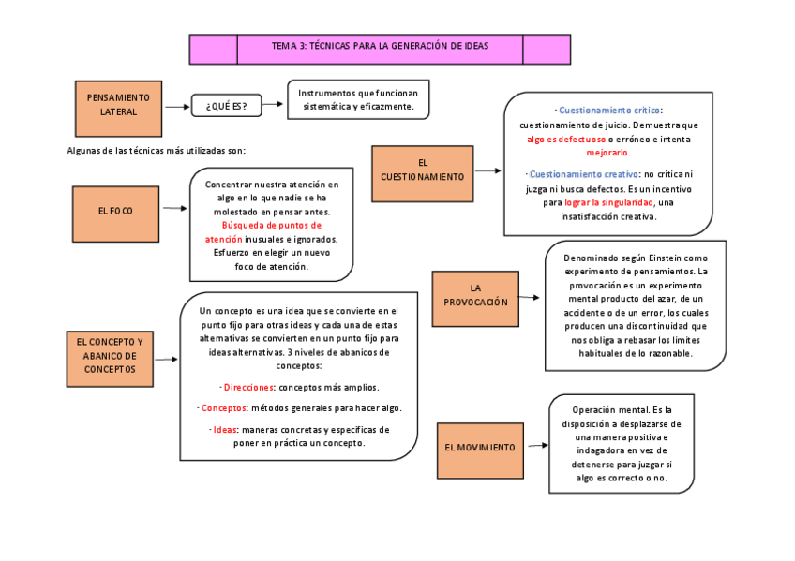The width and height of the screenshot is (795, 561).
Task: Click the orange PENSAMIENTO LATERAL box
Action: click(118, 105)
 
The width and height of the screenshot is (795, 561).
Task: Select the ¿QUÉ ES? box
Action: click(226, 106)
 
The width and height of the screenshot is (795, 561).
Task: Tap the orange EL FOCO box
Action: click(115, 212)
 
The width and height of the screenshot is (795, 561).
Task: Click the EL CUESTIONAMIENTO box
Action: click(422, 170)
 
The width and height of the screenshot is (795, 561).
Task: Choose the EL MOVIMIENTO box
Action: click(479, 449)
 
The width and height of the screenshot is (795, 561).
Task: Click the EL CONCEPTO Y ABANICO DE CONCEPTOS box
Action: click(110, 356)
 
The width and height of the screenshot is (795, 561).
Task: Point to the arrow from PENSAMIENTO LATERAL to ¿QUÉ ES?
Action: click(176, 107)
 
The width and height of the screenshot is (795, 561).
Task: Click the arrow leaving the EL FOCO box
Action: click(173, 210)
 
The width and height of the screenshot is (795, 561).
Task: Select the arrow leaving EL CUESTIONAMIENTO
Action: click(487, 170)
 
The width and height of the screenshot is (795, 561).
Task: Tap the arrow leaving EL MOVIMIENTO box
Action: click(536, 447)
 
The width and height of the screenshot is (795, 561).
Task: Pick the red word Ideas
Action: click(224, 430)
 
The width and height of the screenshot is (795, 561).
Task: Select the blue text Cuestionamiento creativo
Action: click(583, 174)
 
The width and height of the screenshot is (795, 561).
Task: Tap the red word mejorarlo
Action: click(608, 152)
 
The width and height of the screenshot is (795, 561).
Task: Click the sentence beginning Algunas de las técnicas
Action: click(157, 150)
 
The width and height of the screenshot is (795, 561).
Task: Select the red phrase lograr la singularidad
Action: click(608, 202)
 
